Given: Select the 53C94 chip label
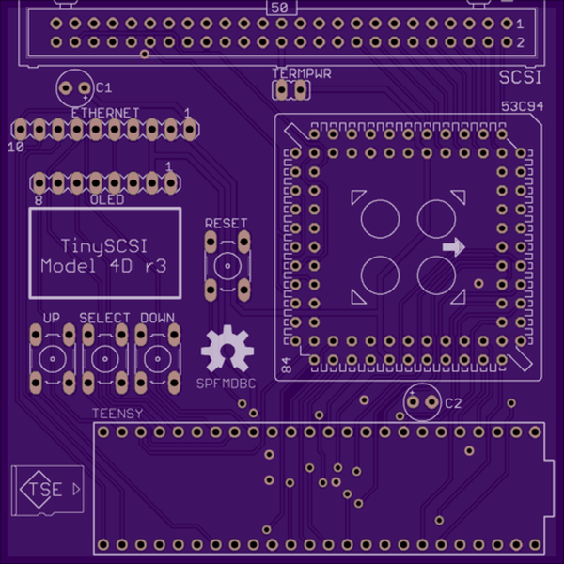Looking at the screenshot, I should tap(523, 107).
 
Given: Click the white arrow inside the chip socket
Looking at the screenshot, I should tap(453, 247).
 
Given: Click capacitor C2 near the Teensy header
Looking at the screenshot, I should tap(423, 402).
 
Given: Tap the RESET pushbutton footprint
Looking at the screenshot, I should tap(227, 266).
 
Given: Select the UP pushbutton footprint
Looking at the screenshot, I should tap(52, 358).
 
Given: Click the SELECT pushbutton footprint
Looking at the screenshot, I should tap(103, 358).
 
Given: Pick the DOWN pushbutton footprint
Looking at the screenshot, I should tap(156, 358).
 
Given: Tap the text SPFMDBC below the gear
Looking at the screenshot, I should tap(226, 384).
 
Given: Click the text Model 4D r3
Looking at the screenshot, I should tap(104, 266).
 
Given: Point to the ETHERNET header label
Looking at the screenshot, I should tap(104, 113).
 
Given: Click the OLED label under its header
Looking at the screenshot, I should tap(106, 200).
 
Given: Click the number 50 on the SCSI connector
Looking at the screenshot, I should tap(278, 8).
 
